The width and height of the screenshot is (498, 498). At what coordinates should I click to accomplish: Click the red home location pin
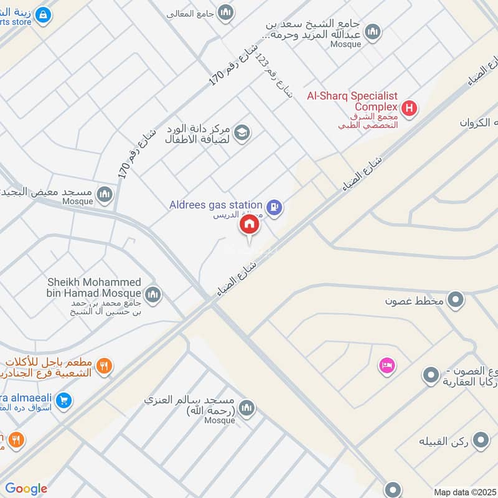[x=250, y=225]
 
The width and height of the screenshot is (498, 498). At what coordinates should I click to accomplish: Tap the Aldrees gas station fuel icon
[x=273, y=206]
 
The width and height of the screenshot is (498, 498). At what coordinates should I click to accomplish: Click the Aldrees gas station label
[x=216, y=205]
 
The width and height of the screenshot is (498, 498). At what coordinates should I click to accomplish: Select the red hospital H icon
[x=409, y=108]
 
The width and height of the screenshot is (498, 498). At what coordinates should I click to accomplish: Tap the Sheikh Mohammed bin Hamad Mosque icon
[x=153, y=294]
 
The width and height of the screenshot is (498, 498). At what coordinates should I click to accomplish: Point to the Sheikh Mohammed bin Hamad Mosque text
[x=94, y=288]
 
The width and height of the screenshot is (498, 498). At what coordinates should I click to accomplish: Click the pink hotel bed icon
[x=386, y=365]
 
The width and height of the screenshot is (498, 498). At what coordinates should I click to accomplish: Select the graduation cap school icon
[x=242, y=131]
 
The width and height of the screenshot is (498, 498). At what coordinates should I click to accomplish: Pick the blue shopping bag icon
[x=42, y=14]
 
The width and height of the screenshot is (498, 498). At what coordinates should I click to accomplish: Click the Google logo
[x=26, y=489]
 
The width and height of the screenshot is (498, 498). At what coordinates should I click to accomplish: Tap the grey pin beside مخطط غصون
[x=456, y=301]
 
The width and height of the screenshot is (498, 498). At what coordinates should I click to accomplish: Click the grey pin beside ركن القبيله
[x=480, y=441]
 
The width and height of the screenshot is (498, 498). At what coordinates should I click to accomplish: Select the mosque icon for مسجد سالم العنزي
[x=247, y=408]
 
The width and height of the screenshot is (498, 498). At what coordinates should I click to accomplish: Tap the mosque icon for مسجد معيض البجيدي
[x=105, y=194]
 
